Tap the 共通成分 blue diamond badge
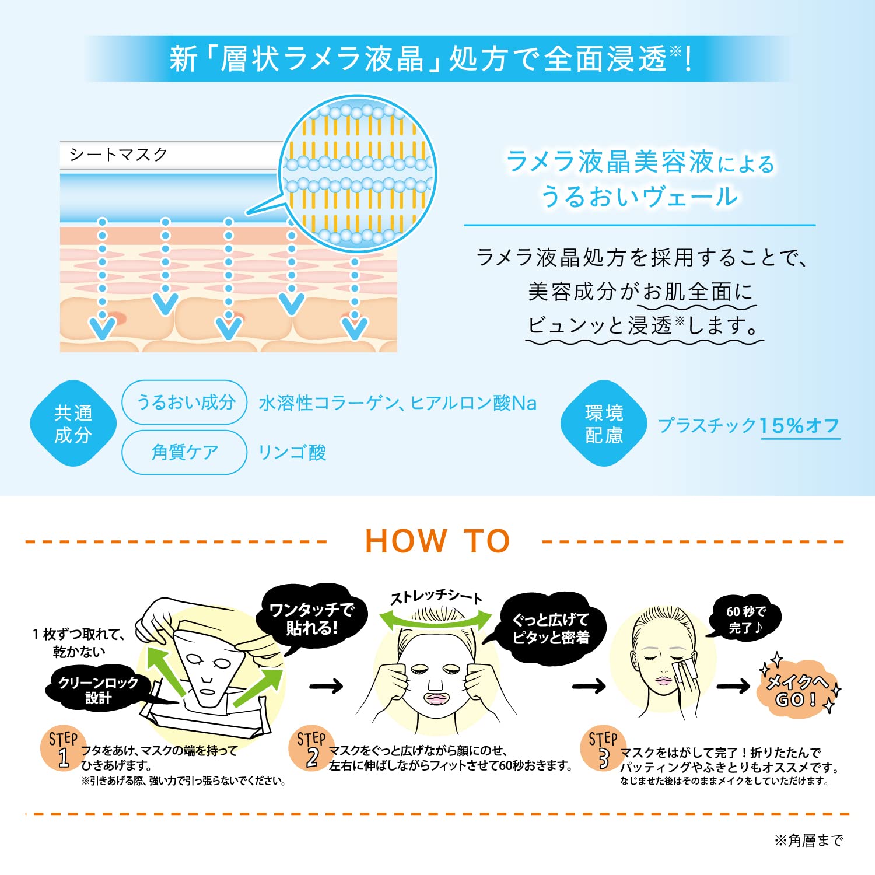[x=73, y=423]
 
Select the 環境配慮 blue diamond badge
[x=604, y=423]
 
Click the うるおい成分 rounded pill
[x=184, y=402]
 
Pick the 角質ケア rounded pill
[x=184, y=452]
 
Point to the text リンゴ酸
[x=292, y=453]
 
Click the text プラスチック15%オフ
[x=749, y=426]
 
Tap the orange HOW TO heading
[x=437, y=541]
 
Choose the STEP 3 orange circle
[x=603, y=748]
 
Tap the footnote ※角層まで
[x=808, y=841]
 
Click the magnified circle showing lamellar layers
[x=358, y=173]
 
